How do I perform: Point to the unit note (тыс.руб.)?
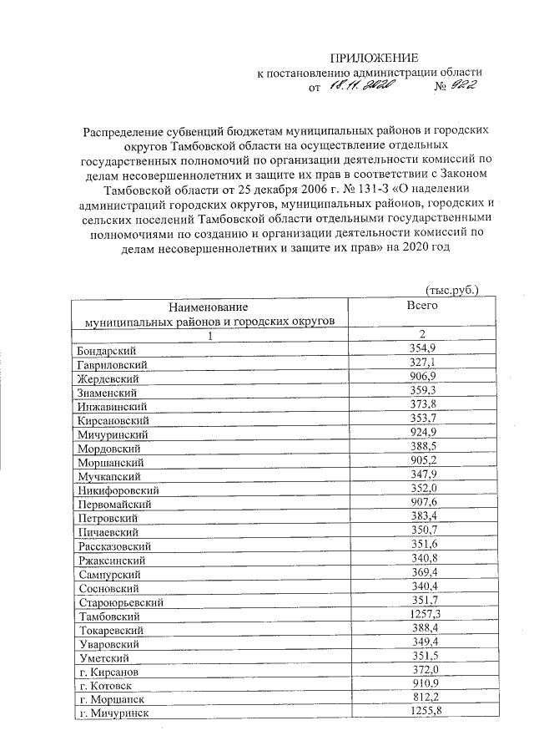(451, 290)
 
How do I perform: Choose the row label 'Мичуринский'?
(112, 434)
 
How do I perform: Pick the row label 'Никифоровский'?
(118, 490)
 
